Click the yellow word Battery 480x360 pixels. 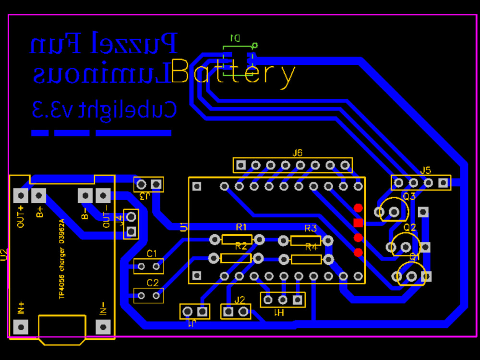coord(233,73)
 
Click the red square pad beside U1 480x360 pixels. coord(358,223)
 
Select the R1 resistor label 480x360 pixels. coord(241,227)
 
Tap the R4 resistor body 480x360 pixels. coord(306,260)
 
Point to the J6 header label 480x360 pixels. coord(298,153)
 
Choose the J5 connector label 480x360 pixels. coord(426,170)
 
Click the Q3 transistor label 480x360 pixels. coord(409,196)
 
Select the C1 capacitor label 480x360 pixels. coord(152,253)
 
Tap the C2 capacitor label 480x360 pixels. coord(152,283)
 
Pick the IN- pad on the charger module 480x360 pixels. coord(103,327)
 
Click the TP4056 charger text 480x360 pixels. coord(61,260)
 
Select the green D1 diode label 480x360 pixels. coord(235,37)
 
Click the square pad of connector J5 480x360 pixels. coord(443,182)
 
